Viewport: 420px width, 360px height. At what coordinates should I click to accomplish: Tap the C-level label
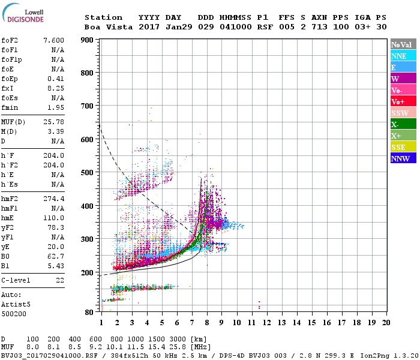tap(16, 280)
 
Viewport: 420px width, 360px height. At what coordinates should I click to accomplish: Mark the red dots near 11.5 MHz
tap(259, 305)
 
